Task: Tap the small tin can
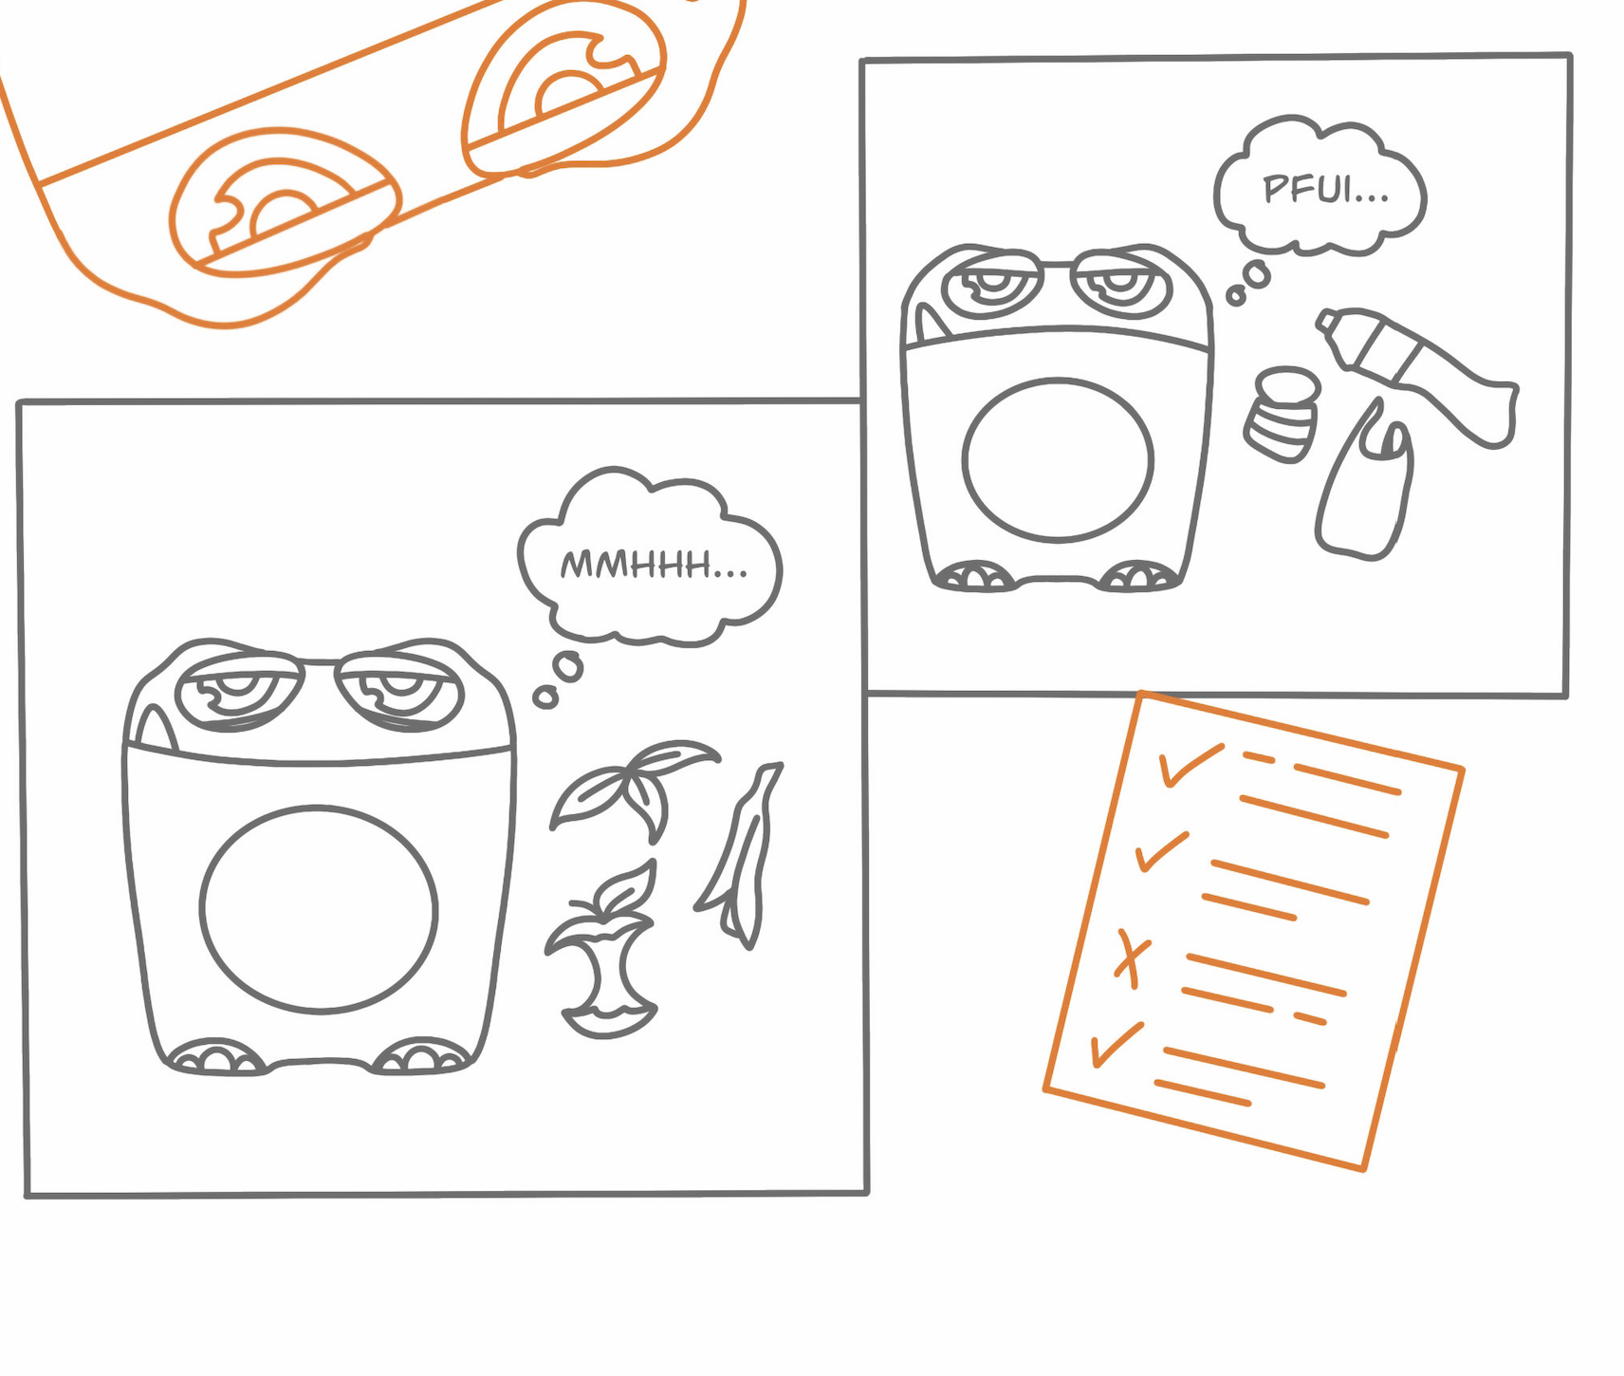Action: [x=1283, y=414]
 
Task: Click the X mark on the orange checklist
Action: [x=1131, y=958]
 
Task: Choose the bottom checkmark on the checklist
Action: [x=1116, y=1044]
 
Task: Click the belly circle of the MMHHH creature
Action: [x=319, y=909]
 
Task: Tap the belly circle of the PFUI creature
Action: [x=1058, y=459]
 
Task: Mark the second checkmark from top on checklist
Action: [x=1162, y=851]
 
